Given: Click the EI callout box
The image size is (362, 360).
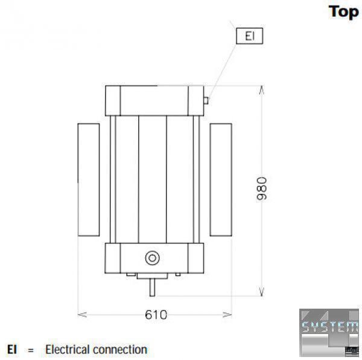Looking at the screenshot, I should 250,36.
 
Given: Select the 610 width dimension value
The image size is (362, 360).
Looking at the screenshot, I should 156,315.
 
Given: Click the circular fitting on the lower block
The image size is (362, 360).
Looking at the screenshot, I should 152,258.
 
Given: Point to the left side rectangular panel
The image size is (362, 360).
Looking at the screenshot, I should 88,179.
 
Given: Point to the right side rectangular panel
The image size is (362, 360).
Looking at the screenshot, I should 221,179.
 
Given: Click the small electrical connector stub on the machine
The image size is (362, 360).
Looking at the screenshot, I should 207,100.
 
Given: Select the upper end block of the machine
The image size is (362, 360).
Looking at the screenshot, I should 155,100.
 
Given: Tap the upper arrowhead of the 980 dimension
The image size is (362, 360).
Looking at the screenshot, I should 261,90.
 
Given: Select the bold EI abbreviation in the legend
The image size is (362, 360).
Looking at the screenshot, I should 12,350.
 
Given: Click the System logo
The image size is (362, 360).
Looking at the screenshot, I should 329,329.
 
